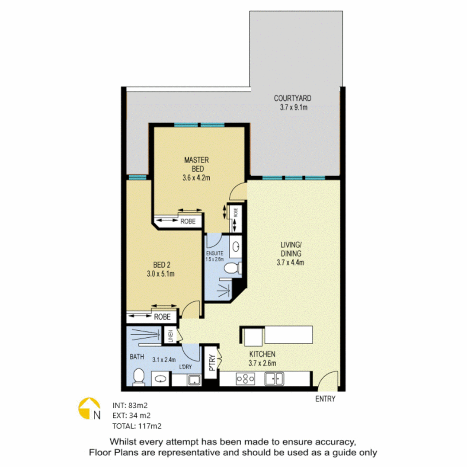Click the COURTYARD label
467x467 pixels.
(x=293, y=98)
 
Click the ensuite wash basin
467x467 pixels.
(x=237, y=247)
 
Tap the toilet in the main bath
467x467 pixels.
(x=139, y=376)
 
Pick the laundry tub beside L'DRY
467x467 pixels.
(x=194, y=380)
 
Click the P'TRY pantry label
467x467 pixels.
(x=212, y=364)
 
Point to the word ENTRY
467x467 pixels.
(x=325, y=399)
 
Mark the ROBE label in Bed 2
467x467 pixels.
(x=163, y=317)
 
